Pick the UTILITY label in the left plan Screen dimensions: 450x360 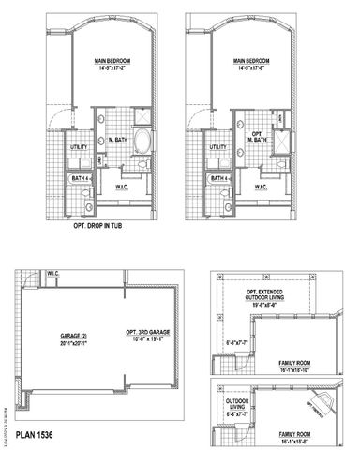click(x=79, y=147)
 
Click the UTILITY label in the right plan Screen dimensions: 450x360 click(x=217, y=147)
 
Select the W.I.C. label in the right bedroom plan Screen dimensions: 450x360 click(x=261, y=186)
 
